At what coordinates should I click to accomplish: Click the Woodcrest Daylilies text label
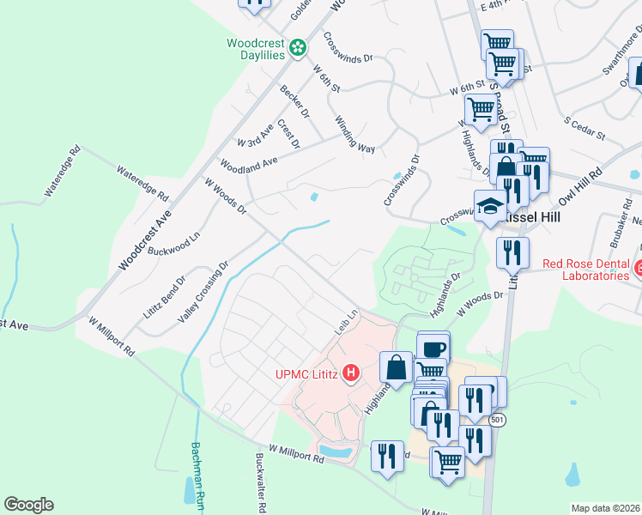point(255,49)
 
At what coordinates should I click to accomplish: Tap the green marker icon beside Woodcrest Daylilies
point(298,48)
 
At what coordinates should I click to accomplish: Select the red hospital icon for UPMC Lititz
point(350,373)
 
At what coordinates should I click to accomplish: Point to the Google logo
point(28,505)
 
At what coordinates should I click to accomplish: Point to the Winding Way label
point(354,135)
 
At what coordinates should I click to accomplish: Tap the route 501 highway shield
point(498,421)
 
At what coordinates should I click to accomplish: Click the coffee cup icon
point(433,348)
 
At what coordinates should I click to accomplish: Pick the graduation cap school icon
point(490,206)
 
